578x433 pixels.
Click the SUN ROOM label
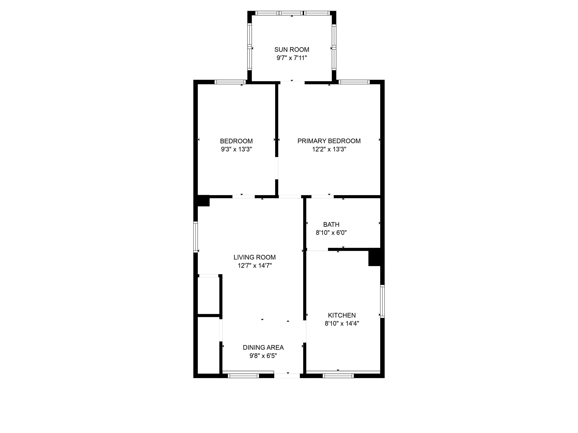pos(292,50)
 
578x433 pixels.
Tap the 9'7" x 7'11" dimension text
pos(292,58)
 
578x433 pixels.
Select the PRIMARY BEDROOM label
pos(329,141)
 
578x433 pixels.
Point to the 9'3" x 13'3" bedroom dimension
pos(236,149)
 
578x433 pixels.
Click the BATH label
pos(331,224)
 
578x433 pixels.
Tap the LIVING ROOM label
pos(255,257)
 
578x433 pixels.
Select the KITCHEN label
pos(342,315)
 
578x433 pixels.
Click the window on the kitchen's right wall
pos(382,301)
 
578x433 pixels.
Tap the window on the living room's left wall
pos(195,237)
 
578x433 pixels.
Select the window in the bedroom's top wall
pos(230,82)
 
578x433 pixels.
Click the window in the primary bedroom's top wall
pos(354,82)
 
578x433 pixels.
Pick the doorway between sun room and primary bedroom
pos(292,83)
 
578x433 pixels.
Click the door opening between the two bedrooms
pos(277,168)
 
